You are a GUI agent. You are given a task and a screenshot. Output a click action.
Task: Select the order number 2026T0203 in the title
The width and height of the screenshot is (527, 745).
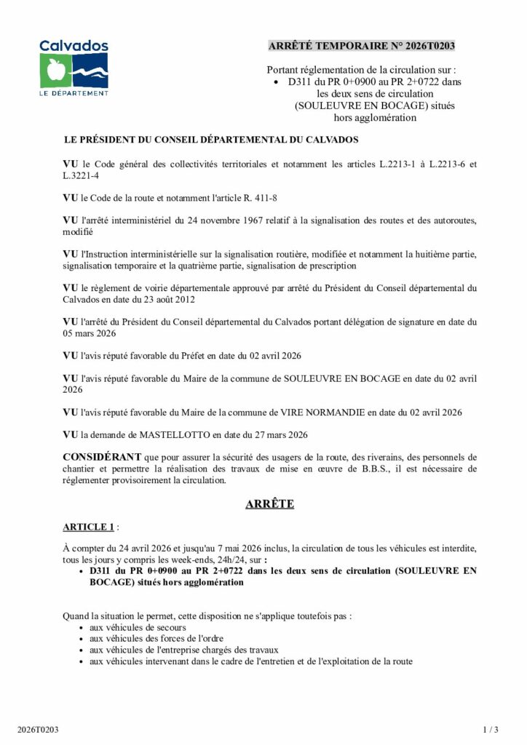[x=429, y=46]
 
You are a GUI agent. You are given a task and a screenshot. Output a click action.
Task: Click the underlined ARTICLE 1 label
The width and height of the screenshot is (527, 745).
[x=88, y=527]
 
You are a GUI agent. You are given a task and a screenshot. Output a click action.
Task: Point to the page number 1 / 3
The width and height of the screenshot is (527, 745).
[x=491, y=728]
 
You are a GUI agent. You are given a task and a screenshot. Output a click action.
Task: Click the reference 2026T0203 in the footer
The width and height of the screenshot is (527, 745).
[x=39, y=728]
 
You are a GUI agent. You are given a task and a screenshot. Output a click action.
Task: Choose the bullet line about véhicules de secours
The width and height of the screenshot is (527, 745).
[x=138, y=627]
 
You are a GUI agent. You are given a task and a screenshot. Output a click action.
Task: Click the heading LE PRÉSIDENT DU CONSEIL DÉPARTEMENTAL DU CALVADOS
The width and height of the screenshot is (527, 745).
[x=211, y=139]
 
